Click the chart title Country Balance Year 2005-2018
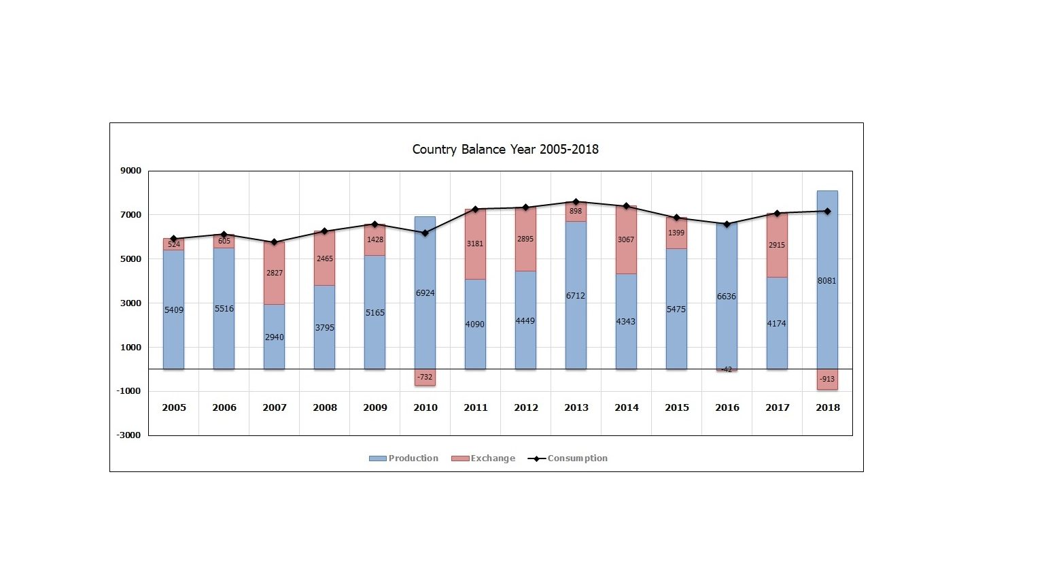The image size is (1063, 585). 505,150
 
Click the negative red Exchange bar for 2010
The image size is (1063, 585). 425,378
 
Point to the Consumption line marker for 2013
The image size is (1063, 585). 576,202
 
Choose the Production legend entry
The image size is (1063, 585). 404,458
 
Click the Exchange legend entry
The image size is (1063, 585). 484,458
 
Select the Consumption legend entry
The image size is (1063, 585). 568,458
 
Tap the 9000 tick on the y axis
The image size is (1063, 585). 131,171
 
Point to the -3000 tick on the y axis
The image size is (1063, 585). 129,435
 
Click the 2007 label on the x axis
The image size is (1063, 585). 275,407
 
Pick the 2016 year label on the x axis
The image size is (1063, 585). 727,407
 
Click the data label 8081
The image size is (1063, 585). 827,281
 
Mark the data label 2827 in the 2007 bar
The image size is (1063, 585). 275,273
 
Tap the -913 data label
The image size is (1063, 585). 827,380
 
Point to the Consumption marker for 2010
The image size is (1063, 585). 425,233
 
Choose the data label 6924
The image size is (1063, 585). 425,293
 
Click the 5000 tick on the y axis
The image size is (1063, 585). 131,259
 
